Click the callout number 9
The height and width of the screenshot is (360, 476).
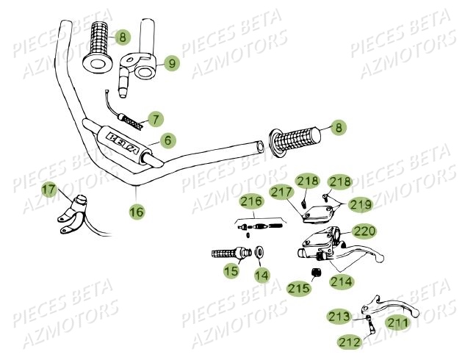[x=171, y=64]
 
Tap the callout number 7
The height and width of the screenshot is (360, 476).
[x=155, y=118]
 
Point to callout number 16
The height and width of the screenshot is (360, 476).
[x=137, y=212]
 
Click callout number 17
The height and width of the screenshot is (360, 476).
[x=48, y=191]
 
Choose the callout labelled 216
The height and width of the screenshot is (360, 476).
[x=251, y=201]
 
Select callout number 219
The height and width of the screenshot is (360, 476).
[x=360, y=204]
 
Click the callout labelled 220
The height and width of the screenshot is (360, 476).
[x=364, y=231]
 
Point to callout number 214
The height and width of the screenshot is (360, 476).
[x=341, y=281]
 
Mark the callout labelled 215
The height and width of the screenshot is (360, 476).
[x=298, y=288]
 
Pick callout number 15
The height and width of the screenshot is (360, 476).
[x=231, y=271]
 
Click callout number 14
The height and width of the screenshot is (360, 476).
[x=262, y=276]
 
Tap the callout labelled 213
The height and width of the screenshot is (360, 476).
[x=339, y=317]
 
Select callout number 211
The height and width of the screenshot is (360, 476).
[x=397, y=322]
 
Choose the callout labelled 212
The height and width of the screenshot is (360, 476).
[x=349, y=342]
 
